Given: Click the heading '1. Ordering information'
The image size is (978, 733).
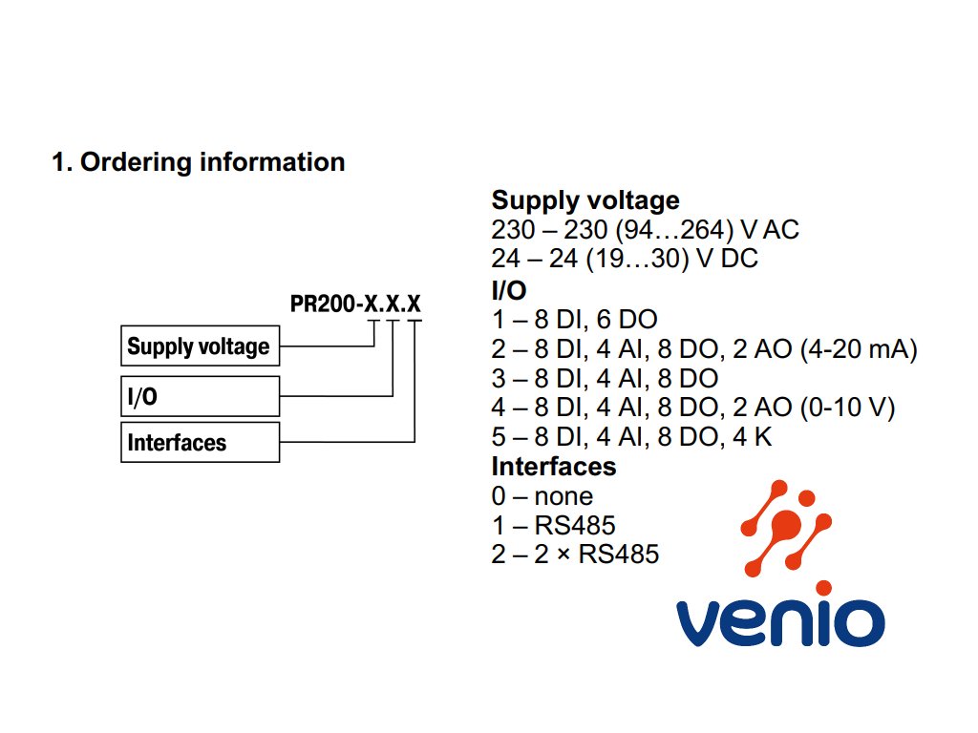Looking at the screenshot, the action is pos(199,162).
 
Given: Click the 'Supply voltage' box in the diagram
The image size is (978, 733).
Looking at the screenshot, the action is pos(201,346).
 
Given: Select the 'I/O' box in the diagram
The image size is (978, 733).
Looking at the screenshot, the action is pos(201,396).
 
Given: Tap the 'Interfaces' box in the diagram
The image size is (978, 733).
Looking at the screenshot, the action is pos(201,442).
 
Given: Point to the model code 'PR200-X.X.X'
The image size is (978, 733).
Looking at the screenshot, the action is pos(355,304).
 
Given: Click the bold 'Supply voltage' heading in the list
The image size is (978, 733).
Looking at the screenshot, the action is pos(585,200).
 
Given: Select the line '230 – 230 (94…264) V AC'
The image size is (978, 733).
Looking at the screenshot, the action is pos(645,229).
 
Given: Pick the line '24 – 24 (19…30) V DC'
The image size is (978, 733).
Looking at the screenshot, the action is pos(625,258).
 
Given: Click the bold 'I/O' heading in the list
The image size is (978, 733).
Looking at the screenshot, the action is pos(509,290).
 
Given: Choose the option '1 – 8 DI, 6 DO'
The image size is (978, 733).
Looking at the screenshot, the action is pos(574,319).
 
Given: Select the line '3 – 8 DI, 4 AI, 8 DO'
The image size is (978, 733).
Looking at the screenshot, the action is pos(605,378).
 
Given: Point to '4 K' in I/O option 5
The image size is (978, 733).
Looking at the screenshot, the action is pos(753,436).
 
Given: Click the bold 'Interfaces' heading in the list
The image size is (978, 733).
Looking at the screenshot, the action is pos(554,466).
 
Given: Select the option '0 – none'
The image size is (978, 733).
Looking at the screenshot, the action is pos(542,496).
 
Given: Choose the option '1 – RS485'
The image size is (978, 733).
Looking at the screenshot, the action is pos(553,526).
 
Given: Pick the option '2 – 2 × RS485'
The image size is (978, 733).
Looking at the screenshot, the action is pos(575,555).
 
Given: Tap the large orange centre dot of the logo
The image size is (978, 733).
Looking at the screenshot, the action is pos(786,525).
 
